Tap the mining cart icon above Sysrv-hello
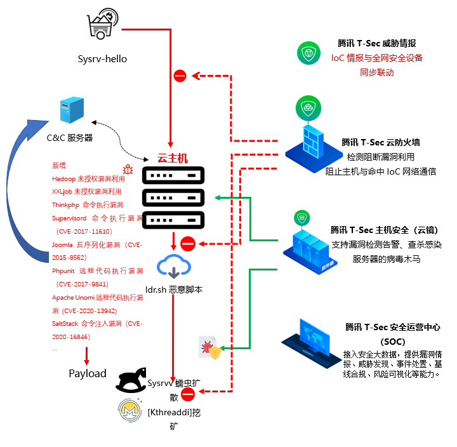point(102,25)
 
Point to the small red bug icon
point(128,169)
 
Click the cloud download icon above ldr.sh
point(173,266)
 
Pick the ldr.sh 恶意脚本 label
point(173,289)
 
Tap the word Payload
point(87,373)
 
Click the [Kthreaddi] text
point(169,411)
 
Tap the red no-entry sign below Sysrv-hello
point(180,76)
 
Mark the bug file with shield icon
point(209,348)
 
